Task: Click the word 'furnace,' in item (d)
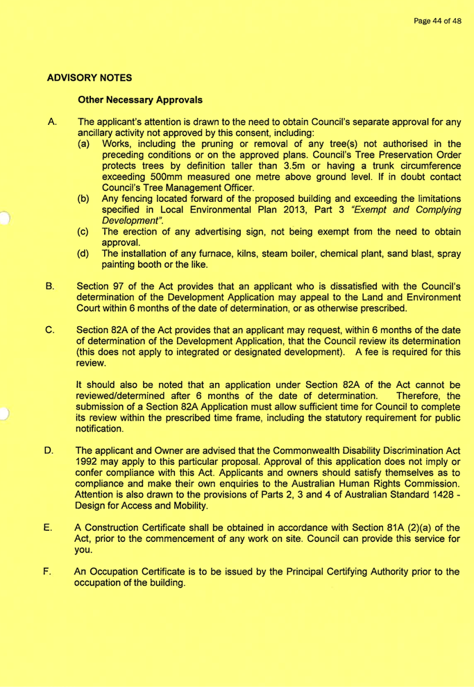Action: pos(212,255)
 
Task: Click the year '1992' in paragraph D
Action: pos(87,463)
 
